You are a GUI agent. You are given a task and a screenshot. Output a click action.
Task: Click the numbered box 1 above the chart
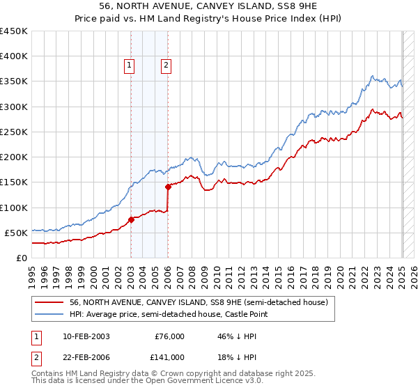(x=130, y=66)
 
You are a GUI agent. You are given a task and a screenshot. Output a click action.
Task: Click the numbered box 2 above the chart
(x=167, y=66)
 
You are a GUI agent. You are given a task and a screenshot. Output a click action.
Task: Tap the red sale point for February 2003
(x=131, y=219)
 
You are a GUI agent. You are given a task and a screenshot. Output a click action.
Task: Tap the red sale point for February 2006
(x=168, y=187)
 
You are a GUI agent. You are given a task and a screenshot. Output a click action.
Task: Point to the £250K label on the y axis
(x=14, y=132)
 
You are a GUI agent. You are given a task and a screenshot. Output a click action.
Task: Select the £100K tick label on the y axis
(x=14, y=208)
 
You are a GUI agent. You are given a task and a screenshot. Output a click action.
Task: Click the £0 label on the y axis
(x=22, y=258)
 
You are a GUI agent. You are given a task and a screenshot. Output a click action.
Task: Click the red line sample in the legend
(x=49, y=302)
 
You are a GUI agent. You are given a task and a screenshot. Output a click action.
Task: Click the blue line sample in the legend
(x=49, y=315)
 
